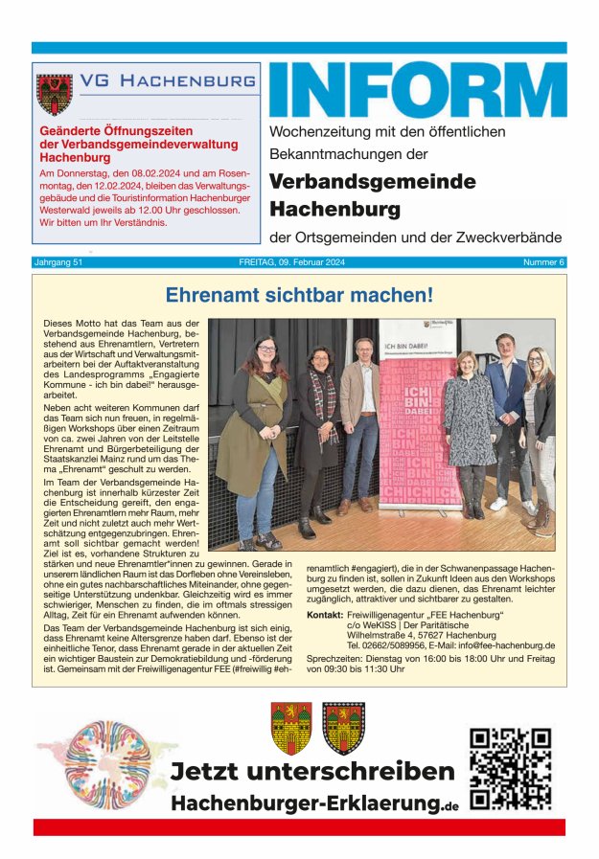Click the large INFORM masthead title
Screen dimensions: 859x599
pyautogui.click(x=417, y=91)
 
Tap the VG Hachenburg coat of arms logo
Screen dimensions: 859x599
pyautogui.click(x=54, y=93)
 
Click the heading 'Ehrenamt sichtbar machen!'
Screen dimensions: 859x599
pyautogui.click(x=299, y=295)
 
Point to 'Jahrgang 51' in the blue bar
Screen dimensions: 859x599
pyautogui.click(x=61, y=262)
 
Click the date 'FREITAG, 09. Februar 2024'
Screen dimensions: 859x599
pyautogui.click(x=299, y=262)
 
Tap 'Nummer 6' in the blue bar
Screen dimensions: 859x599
pyautogui.click(x=543, y=262)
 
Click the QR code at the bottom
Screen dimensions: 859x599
pyautogui.click(x=511, y=768)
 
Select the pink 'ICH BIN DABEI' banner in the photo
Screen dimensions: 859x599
pyautogui.click(x=418, y=421)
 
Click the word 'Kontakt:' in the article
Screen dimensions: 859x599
pyautogui.click(x=324, y=614)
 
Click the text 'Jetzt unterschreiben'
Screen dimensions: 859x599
pyautogui.click(x=311, y=772)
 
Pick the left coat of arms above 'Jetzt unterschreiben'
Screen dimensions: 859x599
pyautogui.click(x=289, y=728)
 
